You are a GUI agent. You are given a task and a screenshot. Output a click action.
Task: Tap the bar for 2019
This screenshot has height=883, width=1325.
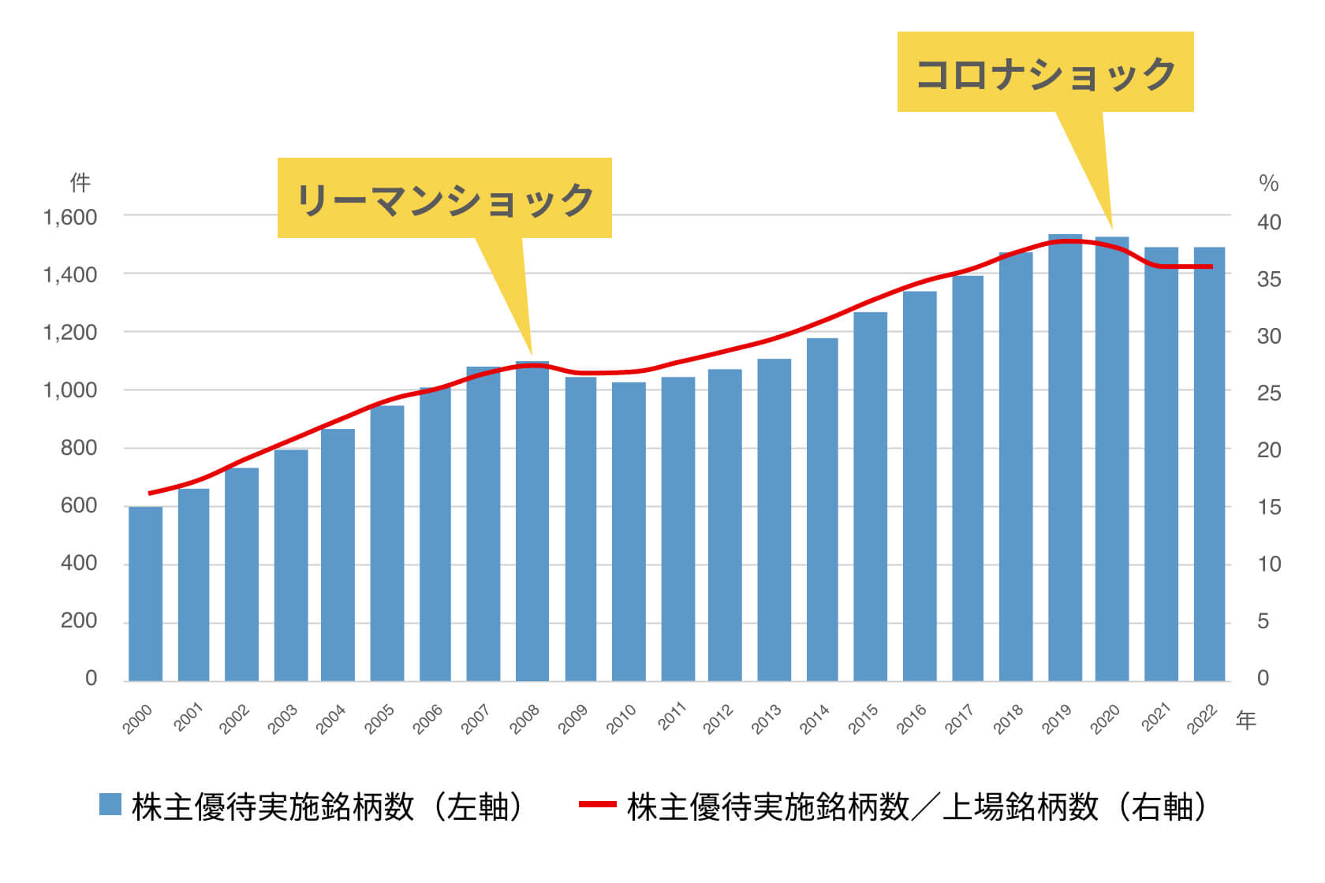click(x=1065, y=457)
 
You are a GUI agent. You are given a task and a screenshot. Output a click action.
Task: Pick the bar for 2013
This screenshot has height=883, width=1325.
click(x=774, y=520)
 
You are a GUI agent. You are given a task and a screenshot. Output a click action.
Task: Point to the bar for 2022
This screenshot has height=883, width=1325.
click(x=1209, y=465)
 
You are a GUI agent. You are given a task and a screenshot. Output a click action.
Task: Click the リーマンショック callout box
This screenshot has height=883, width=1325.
click(x=444, y=198)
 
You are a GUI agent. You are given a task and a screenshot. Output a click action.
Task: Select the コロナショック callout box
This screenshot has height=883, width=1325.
click(x=1045, y=73)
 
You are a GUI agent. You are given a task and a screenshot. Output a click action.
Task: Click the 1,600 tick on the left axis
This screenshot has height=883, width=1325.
click(x=70, y=217)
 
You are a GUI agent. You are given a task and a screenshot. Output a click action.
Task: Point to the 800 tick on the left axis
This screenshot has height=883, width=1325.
click(x=78, y=448)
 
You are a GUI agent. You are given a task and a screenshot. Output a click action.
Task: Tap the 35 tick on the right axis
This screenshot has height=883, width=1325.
click(x=1268, y=279)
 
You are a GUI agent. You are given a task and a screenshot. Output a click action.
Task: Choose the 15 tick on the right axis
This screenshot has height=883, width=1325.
click(x=1268, y=507)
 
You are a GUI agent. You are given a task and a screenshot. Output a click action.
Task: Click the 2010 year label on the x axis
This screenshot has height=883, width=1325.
click(x=621, y=719)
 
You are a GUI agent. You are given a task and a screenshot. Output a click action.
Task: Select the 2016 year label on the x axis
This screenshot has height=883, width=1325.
click(x=912, y=719)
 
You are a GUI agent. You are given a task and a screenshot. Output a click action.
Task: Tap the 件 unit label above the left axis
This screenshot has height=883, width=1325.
click(x=80, y=183)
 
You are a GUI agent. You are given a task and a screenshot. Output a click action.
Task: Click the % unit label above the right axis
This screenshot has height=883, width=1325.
click(x=1268, y=184)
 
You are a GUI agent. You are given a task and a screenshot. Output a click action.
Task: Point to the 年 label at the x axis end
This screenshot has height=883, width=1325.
click(x=1245, y=720)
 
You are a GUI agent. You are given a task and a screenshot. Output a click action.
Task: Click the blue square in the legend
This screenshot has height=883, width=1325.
click(x=110, y=805)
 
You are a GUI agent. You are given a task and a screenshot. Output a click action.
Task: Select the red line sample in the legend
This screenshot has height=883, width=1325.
click(x=597, y=805)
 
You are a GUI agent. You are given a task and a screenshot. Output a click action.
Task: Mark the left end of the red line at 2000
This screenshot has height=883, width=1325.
click(x=150, y=494)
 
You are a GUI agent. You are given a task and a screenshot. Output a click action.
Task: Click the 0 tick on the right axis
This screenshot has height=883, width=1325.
click(x=1263, y=678)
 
